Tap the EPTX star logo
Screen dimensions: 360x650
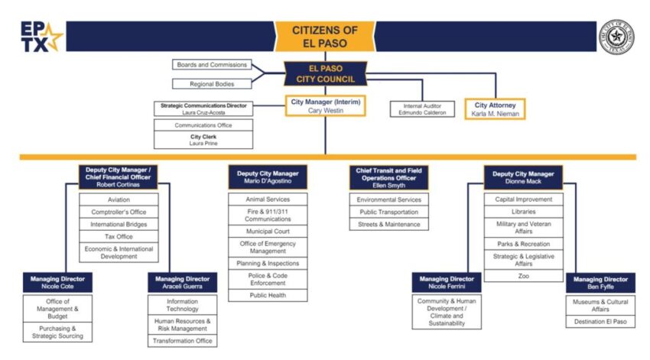[42, 36]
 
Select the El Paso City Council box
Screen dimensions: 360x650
[325, 73]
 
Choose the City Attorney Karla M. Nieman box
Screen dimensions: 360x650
[495, 109]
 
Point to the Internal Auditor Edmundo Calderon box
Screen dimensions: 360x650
[421, 109]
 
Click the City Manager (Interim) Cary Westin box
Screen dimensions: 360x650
[325, 105]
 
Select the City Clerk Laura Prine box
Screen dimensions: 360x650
[203, 140]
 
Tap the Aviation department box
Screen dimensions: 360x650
[119, 199]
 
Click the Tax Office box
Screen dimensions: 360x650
[119, 237]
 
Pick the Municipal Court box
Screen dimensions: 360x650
[268, 231]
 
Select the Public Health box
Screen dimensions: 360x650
[268, 295]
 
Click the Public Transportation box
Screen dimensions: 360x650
[389, 212]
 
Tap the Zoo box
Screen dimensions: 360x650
[524, 276]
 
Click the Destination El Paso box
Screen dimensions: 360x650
[600, 322]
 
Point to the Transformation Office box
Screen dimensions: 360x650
[183, 341]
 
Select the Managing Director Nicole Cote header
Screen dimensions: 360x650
[57, 283]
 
